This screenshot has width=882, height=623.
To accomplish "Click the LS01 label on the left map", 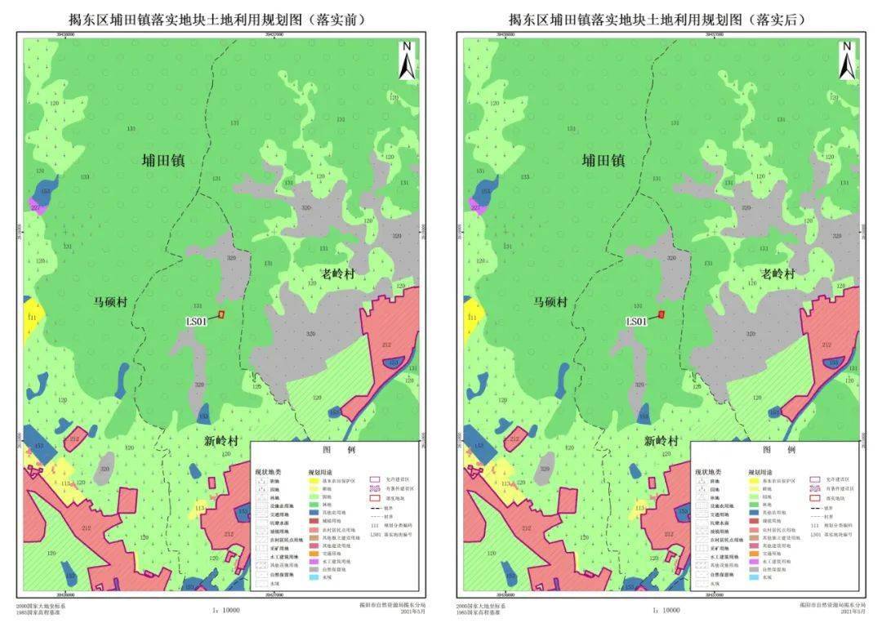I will pos(198,322).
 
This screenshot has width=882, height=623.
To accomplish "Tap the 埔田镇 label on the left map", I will pos(163,160).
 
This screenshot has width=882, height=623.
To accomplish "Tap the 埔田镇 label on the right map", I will pos(604,160).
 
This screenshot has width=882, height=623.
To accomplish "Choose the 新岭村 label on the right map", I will pos(661,441).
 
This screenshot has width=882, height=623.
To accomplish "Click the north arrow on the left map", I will pos(408,60).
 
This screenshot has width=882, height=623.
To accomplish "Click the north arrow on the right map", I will pos(848,60).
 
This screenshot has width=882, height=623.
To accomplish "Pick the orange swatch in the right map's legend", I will pos(754,554).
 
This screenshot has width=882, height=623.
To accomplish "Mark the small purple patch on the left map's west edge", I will pos(35,202).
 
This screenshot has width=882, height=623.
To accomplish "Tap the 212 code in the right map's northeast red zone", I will pos(826,345).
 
